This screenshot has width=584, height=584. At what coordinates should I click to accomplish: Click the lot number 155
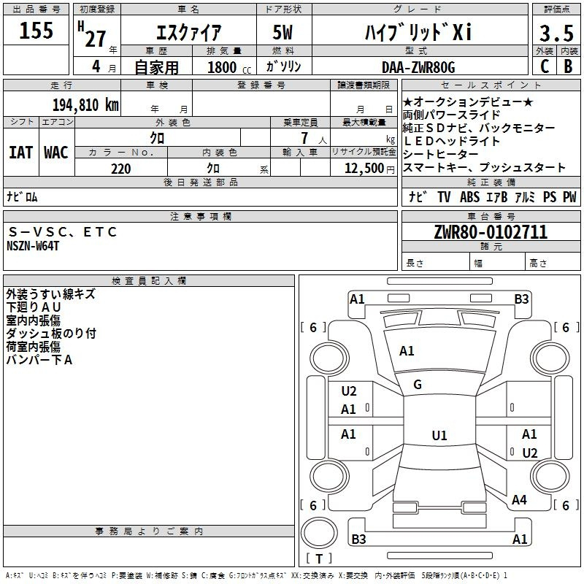pyautogui.click(x=36, y=30)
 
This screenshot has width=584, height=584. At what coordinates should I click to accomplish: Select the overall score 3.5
pyautogui.click(x=556, y=33)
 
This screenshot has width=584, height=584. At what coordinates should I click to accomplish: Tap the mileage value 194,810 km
pyautogui.click(x=85, y=104)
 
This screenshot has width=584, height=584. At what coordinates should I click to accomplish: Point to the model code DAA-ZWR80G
pyautogui.click(x=418, y=67)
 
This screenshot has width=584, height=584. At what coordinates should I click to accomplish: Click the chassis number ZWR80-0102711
pyautogui.click(x=491, y=231)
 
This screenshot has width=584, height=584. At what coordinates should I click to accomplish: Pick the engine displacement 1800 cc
pyautogui.click(x=229, y=67)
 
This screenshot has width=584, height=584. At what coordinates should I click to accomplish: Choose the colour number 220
pyautogui.click(x=121, y=169)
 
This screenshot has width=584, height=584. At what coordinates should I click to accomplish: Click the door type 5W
pyautogui.click(x=283, y=32)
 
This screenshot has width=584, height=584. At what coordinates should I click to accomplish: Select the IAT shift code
pyautogui.click(x=20, y=153)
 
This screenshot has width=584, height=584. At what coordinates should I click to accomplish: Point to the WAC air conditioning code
pyautogui.click(x=56, y=153)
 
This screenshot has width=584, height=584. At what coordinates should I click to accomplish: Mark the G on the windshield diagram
pyautogui.click(x=418, y=385)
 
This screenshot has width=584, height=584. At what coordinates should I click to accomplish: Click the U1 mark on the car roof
pyautogui.click(x=439, y=435)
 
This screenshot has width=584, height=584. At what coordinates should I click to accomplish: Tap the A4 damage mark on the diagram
pyautogui.click(x=519, y=499)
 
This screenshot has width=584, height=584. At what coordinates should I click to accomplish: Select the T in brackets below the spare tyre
pyautogui.click(x=319, y=559)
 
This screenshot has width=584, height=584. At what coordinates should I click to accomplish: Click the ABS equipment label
pyautogui.click(x=469, y=196)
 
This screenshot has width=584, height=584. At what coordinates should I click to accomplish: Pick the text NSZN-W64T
pyautogui.click(x=33, y=246)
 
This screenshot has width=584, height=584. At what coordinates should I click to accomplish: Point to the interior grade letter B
pyautogui.click(x=569, y=66)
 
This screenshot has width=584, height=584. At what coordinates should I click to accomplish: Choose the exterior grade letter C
pyautogui.click(x=545, y=66)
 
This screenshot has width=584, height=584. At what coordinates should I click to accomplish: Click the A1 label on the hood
pyautogui.click(x=407, y=350)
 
